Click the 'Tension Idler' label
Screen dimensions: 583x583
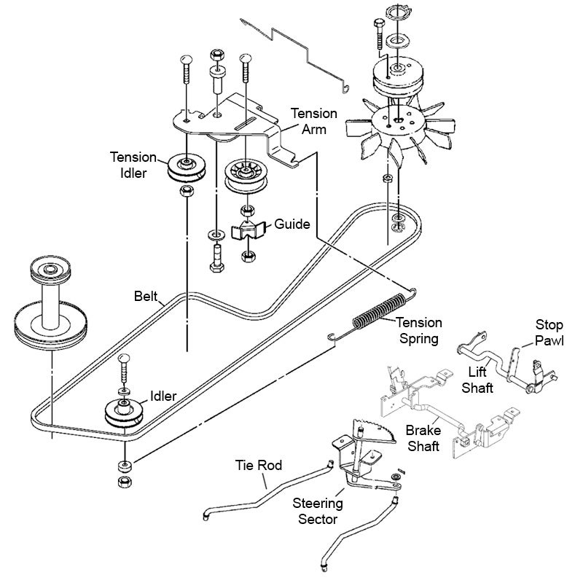coord(133,165)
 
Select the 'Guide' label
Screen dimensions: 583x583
coord(296,224)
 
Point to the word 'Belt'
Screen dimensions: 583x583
coord(147,297)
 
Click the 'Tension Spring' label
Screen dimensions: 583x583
coord(418,330)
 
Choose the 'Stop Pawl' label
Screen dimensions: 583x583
coord(549,333)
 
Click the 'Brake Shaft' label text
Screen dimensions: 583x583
coord(423,438)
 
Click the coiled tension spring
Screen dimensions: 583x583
coord(378,311)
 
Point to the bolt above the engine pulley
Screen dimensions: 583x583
coord(380,34)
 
